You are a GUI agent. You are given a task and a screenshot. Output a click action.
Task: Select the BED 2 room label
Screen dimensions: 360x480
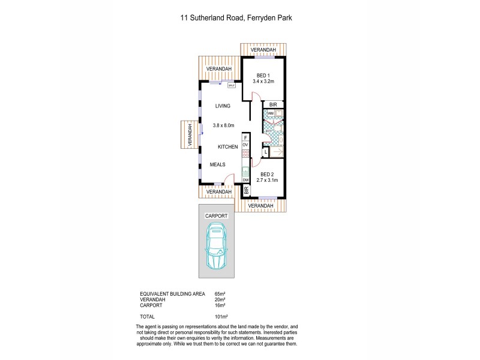(x=265, y=173)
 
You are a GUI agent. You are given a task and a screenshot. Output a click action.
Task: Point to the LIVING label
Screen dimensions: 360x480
(x=223, y=106)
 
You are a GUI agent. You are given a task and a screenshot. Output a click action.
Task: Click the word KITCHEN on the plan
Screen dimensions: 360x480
(x=227, y=146)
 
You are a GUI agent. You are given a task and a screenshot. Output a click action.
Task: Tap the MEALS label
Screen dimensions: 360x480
(x=218, y=164)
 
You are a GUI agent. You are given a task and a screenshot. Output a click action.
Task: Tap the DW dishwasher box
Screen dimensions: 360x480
(x=245, y=180)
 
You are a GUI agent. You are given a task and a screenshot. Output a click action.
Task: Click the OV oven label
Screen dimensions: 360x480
(x=245, y=145)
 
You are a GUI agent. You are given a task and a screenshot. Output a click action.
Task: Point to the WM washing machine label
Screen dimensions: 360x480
(x=270, y=113)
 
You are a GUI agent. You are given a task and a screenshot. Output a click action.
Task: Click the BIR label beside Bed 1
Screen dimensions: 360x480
(x=273, y=104)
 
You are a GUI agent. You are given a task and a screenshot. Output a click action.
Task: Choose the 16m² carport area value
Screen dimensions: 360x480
(x=219, y=305)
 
